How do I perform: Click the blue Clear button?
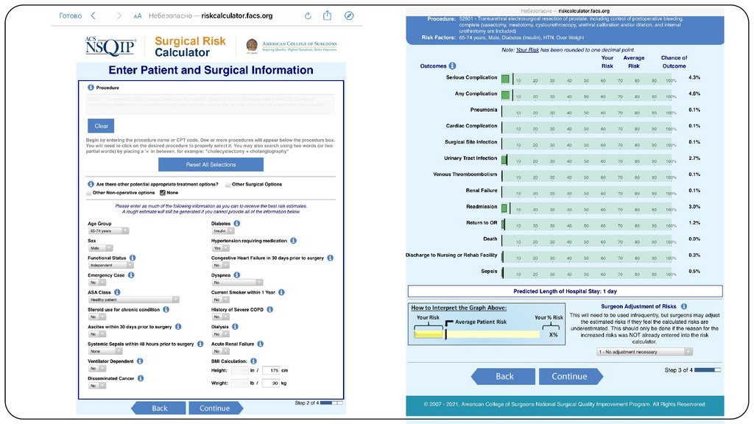click(101, 126)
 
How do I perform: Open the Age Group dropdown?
click(108, 230)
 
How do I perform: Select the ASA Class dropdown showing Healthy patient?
click(133, 300)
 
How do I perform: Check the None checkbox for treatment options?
click(163, 192)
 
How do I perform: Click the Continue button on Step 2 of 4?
click(215, 408)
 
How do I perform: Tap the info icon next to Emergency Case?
click(130, 275)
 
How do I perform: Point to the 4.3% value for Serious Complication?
click(694, 77)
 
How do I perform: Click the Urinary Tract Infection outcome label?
click(471, 158)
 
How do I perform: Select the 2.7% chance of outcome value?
click(694, 158)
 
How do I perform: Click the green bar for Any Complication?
click(505, 93)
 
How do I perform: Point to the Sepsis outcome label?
click(489, 272)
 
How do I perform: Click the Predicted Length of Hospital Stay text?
click(565, 291)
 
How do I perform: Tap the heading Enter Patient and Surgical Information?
click(211, 71)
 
